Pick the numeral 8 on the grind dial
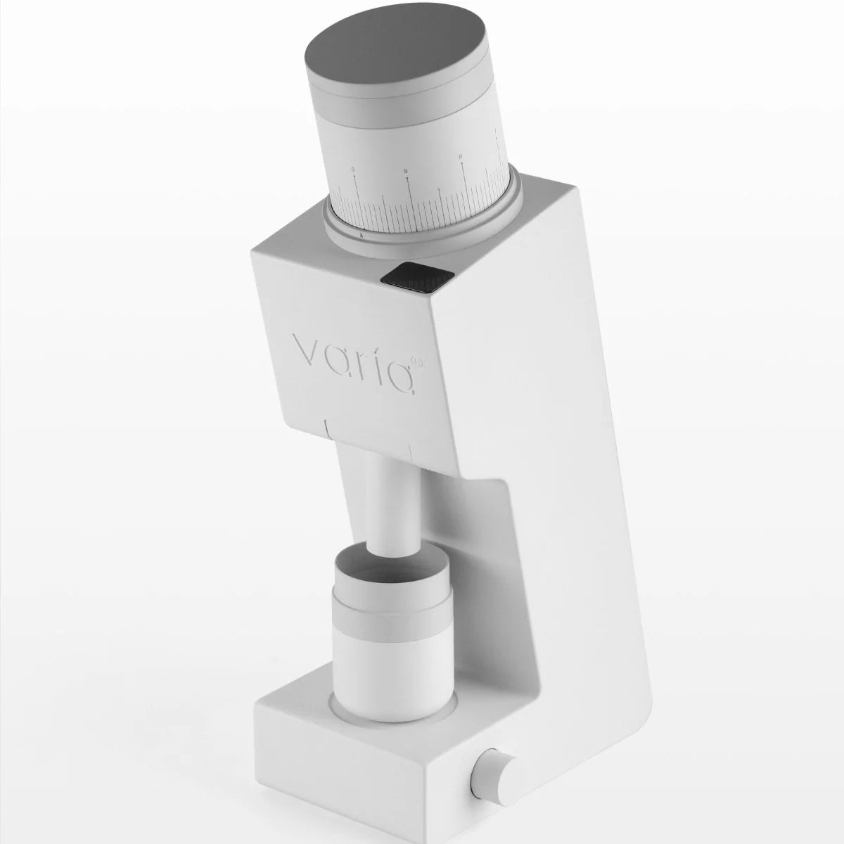(460, 158)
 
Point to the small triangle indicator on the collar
(360, 236)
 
